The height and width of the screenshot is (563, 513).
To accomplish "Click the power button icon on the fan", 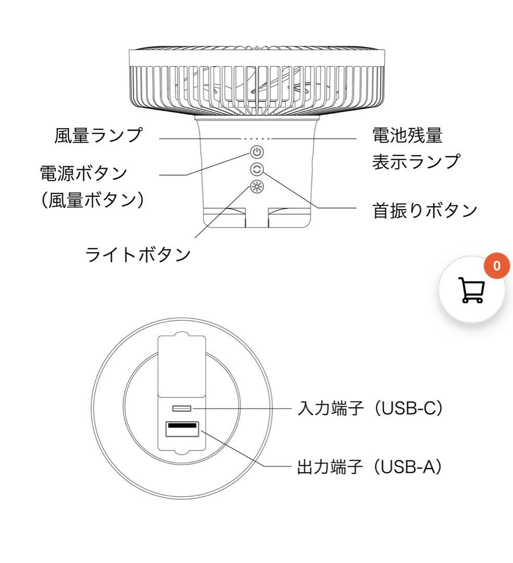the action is pyautogui.click(x=257, y=152).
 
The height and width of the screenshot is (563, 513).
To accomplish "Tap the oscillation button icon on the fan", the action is pyautogui.click(x=257, y=169).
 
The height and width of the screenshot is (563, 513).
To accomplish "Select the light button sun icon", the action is pyautogui.click(x=257, y=186).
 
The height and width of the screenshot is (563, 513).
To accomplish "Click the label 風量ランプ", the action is pyautogui.click(x=99, y=136).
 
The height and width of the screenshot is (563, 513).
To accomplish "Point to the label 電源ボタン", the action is pyautogui.click(x=84, y=173).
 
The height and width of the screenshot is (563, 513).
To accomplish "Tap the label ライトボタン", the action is pyautogui.click(x=138, y=255).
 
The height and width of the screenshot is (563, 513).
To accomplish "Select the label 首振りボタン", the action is pyautogui.click(x=425, y=210).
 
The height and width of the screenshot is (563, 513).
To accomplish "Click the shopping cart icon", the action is pyautogui.click(x=471, y=290).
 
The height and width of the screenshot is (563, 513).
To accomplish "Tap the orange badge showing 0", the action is pyautogui.click(x=496, y=266).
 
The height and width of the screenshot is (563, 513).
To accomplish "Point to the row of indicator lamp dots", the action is pyautogui.click(x=257, y=139).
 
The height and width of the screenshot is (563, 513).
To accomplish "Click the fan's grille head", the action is pyautogui.click(x=257, y=81).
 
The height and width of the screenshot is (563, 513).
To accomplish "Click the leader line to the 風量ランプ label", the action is pyautogui.click(x=198, y=139).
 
